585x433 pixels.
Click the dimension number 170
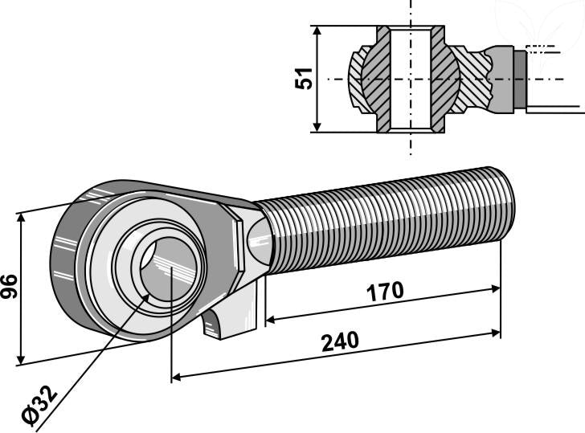click(x=385, y=290)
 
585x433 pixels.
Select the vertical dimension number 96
click(x=10, y=286)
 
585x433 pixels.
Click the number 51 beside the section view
click(x=305, y=78)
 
